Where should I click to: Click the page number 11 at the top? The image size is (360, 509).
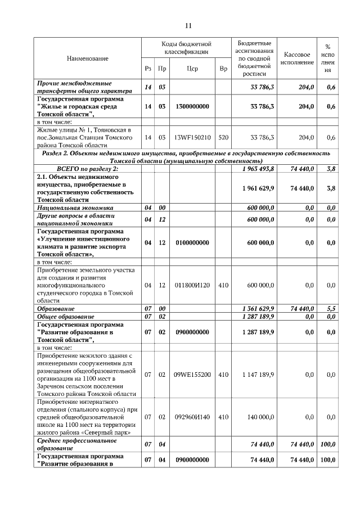click(x=188, y=25)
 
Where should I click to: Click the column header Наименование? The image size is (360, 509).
click(x=87, y=58)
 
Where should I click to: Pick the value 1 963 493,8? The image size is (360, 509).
click(x=258, y=169)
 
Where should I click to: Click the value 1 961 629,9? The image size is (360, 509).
click(x=258, y=188)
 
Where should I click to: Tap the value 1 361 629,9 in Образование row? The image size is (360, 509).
click(x=258, y=309)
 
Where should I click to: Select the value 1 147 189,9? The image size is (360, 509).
click(x=258, y=375)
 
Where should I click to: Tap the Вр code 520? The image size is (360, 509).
click(x=223, y=137)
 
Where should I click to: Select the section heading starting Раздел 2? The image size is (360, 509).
click(x=186, y=157)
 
